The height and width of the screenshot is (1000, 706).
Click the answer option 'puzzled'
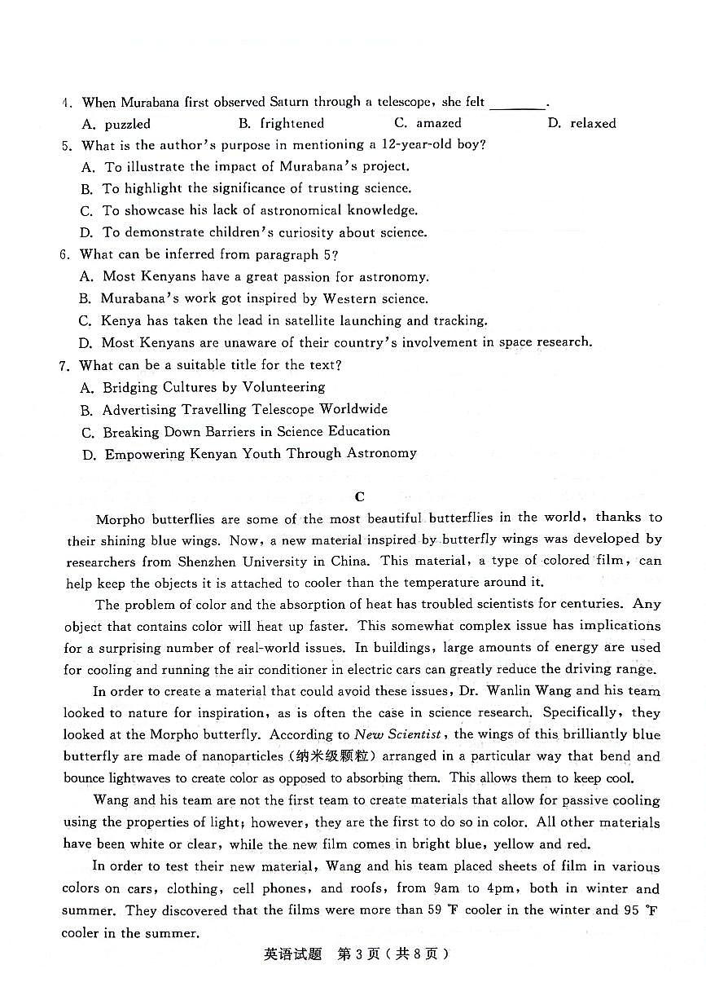127,124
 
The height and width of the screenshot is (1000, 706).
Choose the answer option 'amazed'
439,123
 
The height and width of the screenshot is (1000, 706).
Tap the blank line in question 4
518,104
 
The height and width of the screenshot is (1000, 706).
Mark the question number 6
64,255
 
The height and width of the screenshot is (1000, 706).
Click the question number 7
64,365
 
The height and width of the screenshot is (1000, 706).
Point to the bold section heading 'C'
360,496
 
